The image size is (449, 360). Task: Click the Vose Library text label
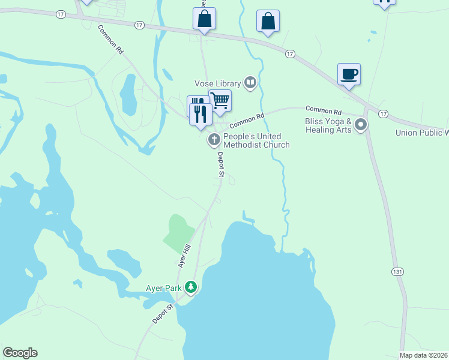217,83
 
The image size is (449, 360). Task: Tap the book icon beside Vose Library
250,83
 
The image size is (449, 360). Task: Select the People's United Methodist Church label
256,140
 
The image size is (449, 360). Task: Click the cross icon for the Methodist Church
213,140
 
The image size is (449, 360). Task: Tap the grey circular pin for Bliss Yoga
361,125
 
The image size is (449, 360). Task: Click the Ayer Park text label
163,288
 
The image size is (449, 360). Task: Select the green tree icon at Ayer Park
191,287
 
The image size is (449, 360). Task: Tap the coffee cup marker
349,75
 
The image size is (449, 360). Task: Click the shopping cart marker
220,100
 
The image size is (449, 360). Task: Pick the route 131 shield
397,272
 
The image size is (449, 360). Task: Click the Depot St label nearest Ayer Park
163,314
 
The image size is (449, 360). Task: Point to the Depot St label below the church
220,164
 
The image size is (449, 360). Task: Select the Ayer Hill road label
184,256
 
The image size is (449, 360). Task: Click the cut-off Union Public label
422,133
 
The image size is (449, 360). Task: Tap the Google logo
20,353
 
